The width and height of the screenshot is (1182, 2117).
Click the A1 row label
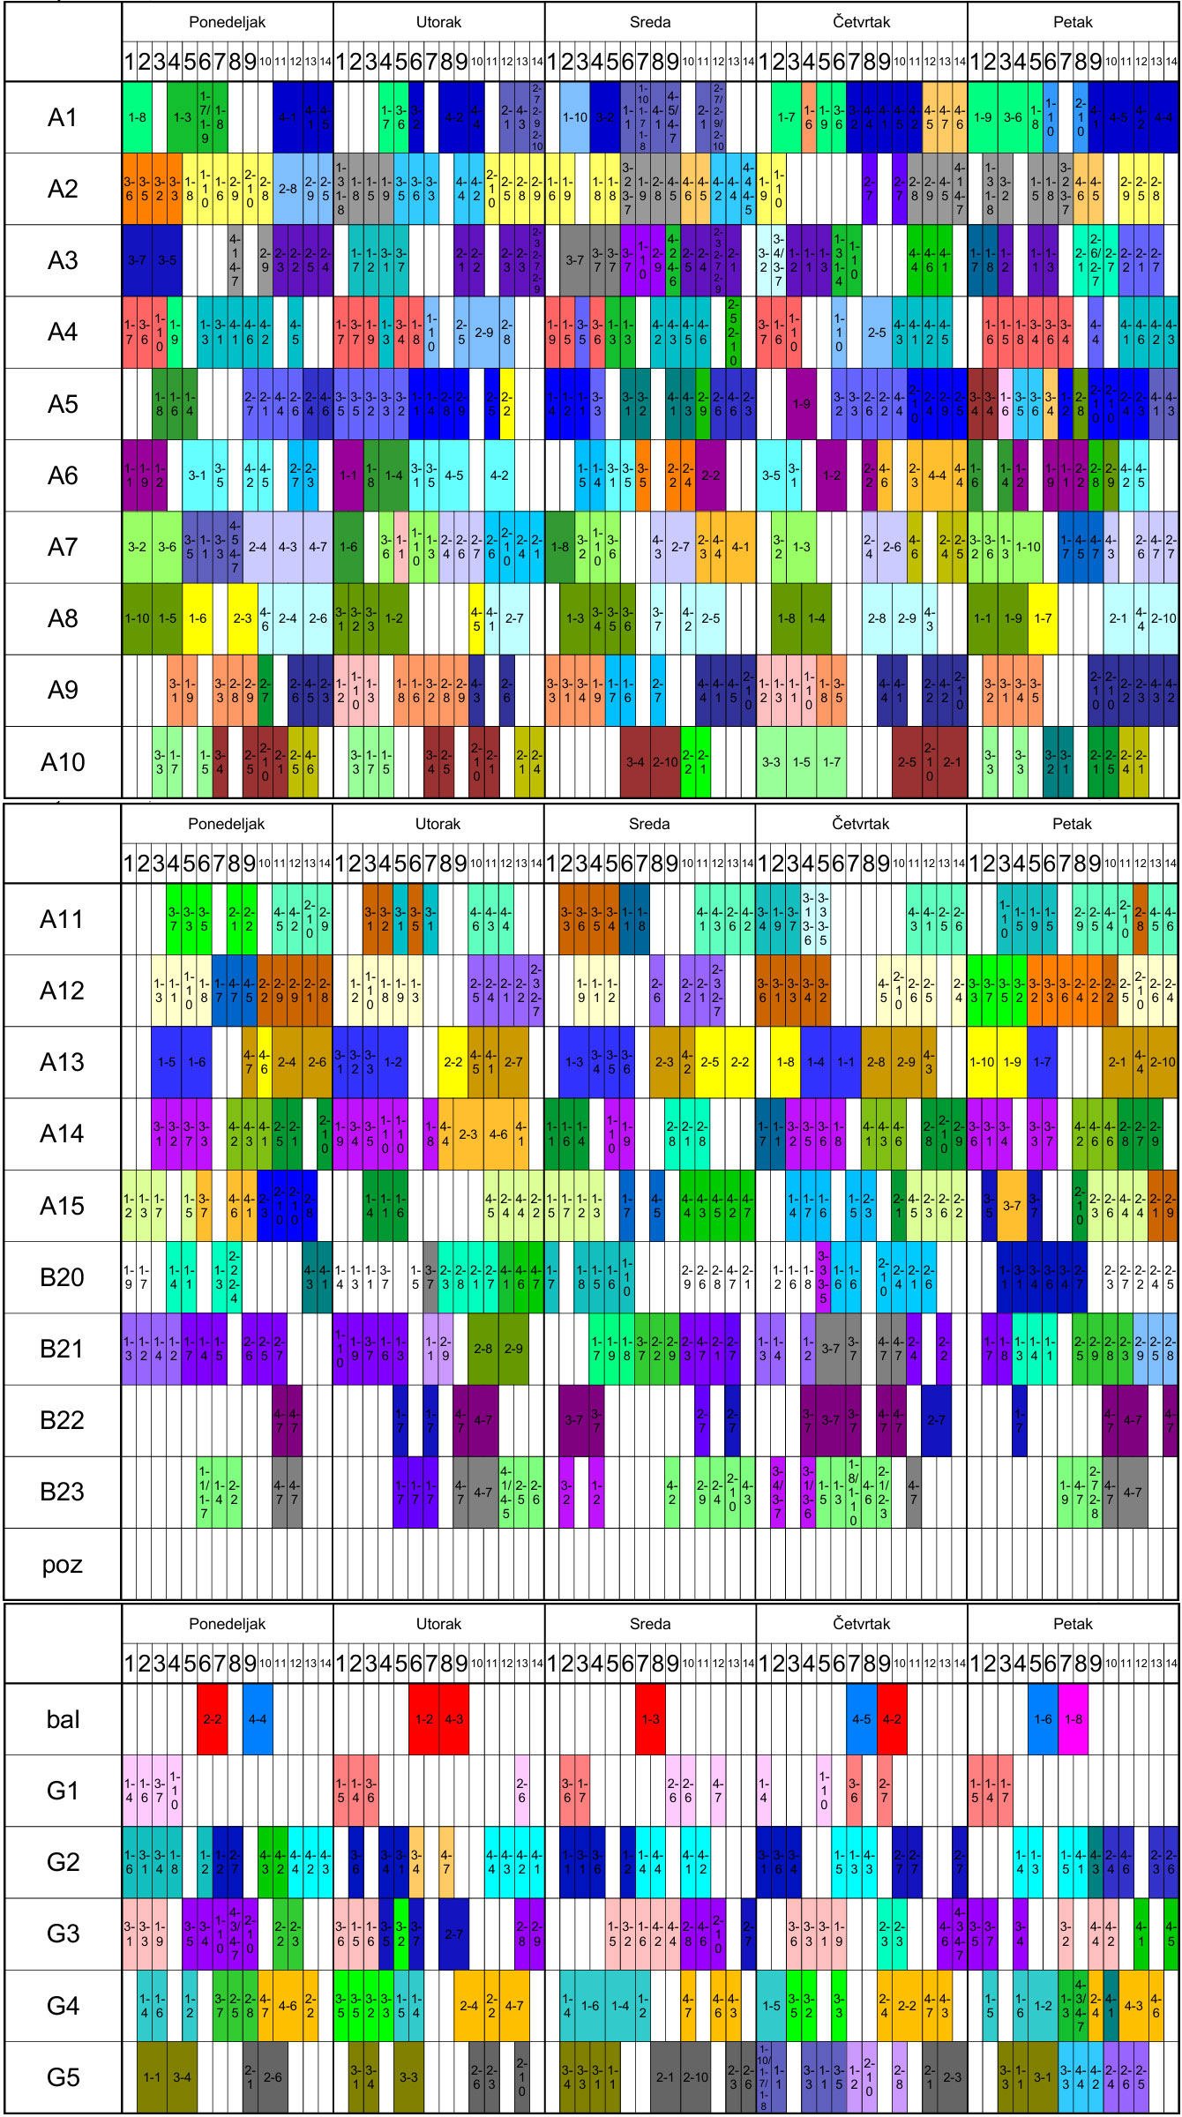(63, 117)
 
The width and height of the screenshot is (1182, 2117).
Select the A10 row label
(63, 761)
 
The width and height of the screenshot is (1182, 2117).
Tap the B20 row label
(62, 1276)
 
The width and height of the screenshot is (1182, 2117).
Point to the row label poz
(62, 1564)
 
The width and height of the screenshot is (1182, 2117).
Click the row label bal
(63, 1718)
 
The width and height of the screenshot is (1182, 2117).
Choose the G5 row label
(63, 2076)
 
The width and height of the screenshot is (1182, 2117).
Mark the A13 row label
(62, 1062)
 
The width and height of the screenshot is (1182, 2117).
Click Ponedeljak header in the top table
(227, 22)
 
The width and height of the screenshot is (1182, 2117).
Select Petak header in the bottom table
(1073, 1623)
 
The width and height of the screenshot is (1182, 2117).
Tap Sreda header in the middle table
(649, 824)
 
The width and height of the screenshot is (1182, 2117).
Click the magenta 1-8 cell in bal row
(1074, 1718)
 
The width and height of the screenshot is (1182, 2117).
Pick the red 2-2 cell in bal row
(213, 1718)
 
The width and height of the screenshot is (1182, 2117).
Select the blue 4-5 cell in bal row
(862, 1718)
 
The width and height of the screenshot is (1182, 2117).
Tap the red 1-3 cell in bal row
(650, 1718)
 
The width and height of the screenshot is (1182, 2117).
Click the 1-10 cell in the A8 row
(137, 618)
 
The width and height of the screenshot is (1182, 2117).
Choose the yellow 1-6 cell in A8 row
(198, 618)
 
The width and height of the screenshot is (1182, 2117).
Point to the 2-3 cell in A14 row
(468, 1133)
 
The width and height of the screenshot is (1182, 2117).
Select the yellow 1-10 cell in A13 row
(983, 1062)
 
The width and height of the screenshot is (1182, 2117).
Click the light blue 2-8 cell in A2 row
(288, 189)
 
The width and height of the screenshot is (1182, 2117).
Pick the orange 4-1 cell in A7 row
(741, 547)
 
